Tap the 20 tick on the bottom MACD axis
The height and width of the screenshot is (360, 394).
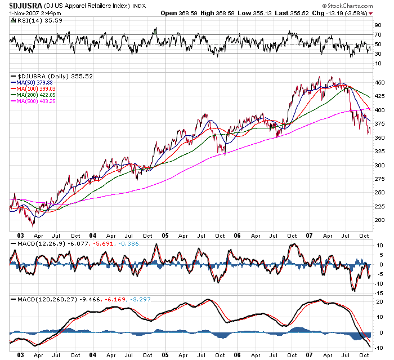coord(379,303)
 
